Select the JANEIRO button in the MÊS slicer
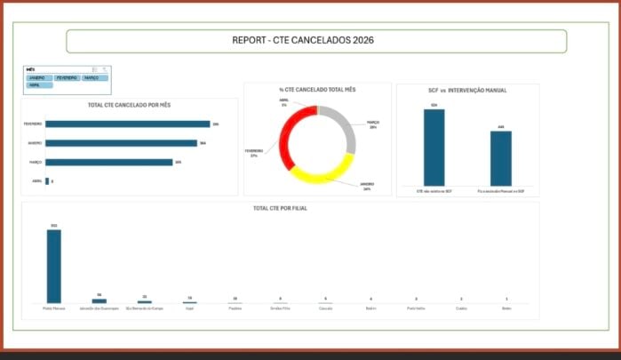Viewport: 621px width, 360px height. tap(39, 78)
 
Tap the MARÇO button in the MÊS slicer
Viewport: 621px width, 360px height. tap(94, 78)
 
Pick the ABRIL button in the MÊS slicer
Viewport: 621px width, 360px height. tap(39, 85)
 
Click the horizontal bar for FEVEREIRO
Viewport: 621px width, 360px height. tap(127, 124)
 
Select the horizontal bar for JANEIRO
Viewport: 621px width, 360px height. tap(121, 143)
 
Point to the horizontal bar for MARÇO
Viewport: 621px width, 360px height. tap(108, 162)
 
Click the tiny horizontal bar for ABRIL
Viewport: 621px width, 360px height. tap(47, 181)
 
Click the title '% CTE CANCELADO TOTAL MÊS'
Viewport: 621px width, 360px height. tap(317, 89)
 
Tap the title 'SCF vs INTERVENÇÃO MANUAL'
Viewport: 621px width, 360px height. tap(467, 90)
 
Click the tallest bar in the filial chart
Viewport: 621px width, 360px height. tap(54, 266)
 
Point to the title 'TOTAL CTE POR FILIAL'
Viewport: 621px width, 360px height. tap(280, 208)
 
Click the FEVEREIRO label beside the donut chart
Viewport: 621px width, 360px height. tap(253, 152)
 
